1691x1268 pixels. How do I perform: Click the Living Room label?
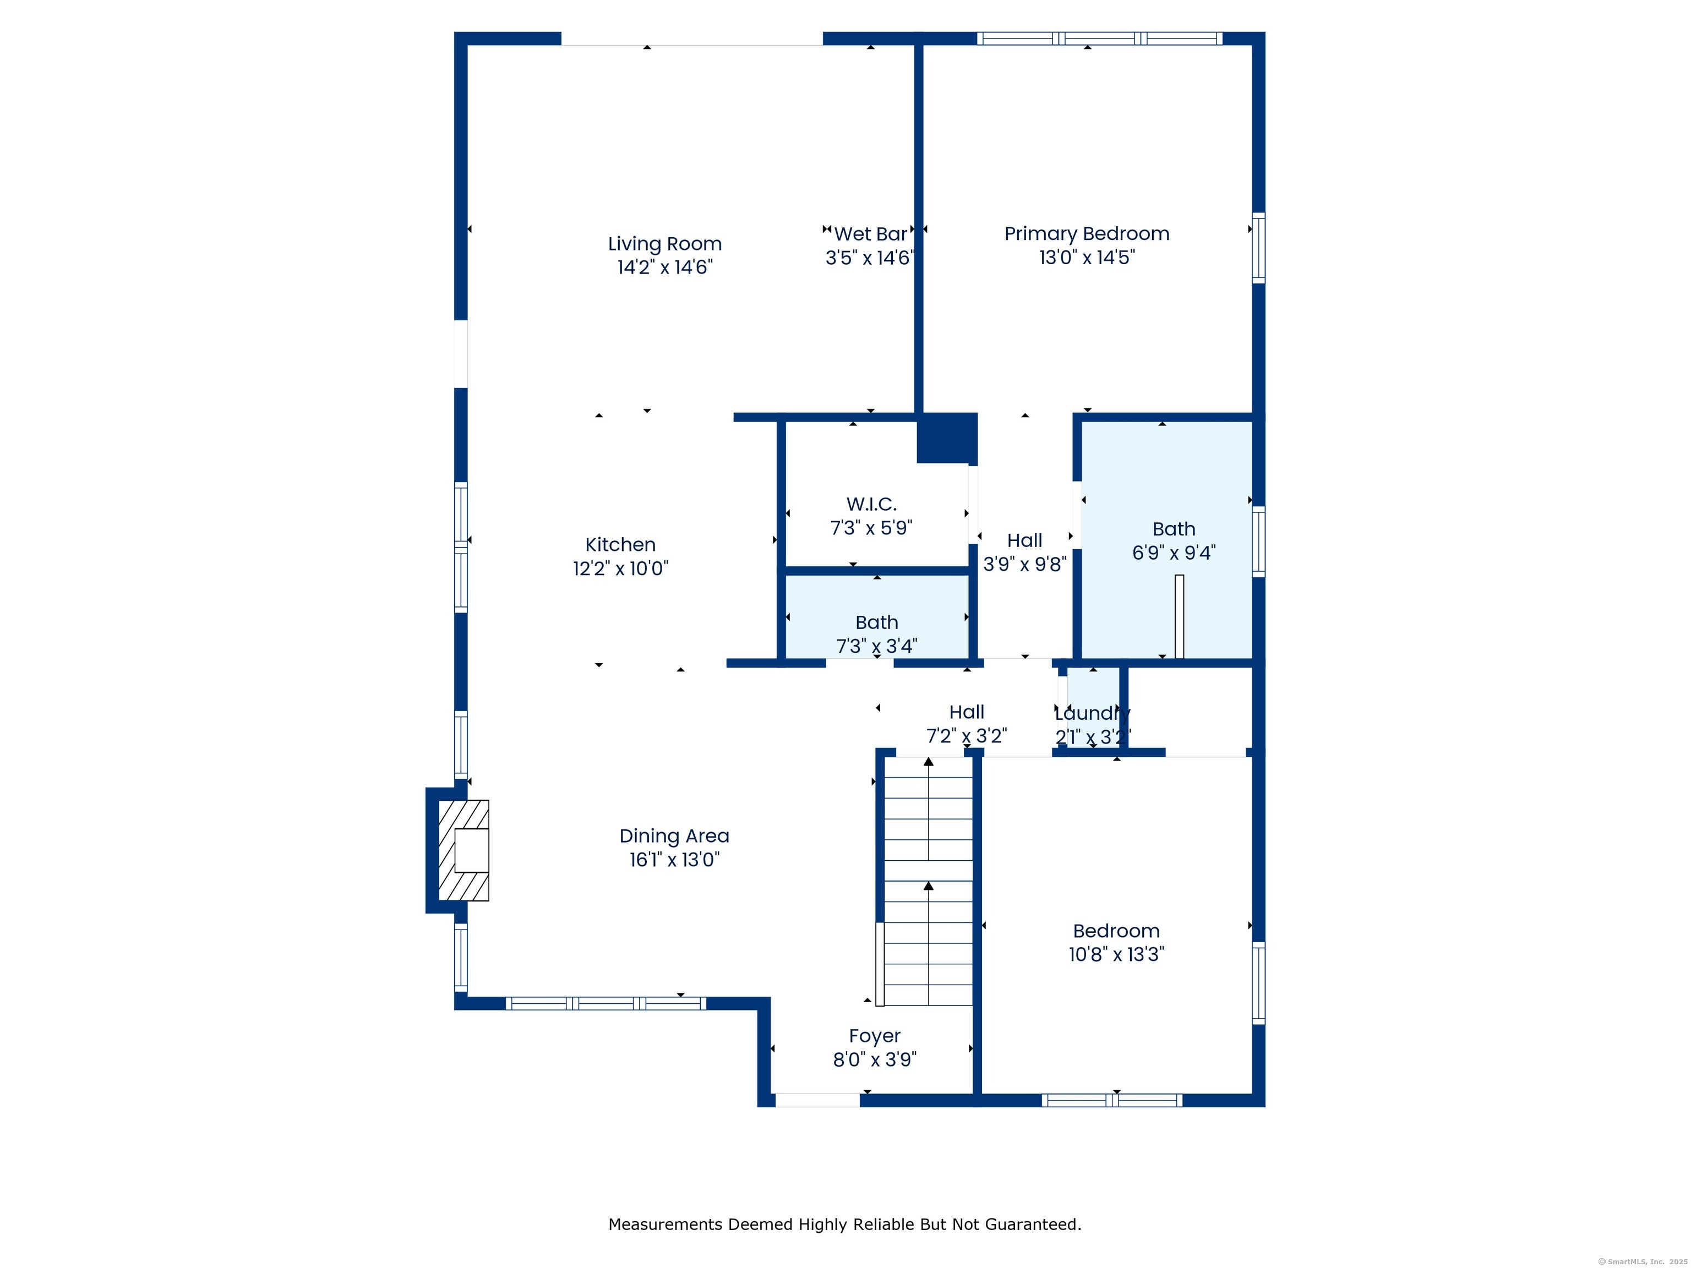(664, 244)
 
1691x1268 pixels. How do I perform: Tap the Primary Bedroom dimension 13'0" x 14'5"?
(1086, 258)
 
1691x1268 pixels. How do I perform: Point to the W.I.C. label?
(871, 505)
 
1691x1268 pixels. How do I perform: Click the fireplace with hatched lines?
(464, 850)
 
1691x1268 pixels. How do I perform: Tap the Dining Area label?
(674, 836)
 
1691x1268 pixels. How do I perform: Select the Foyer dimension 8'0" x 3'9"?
(875, 1059)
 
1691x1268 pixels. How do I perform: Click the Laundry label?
(1093, 714)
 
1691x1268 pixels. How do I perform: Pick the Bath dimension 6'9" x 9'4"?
(1174, 553)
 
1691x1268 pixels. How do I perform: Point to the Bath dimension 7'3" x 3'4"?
(876, 647)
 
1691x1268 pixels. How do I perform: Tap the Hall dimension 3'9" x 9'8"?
(1024, 564)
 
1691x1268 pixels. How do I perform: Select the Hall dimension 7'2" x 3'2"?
(966, 736)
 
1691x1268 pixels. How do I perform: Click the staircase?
(928, 881)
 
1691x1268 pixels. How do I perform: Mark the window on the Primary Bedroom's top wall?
(1099, 38)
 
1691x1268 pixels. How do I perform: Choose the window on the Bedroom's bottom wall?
(1112, 1101)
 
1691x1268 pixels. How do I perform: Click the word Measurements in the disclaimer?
(665, 1225)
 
